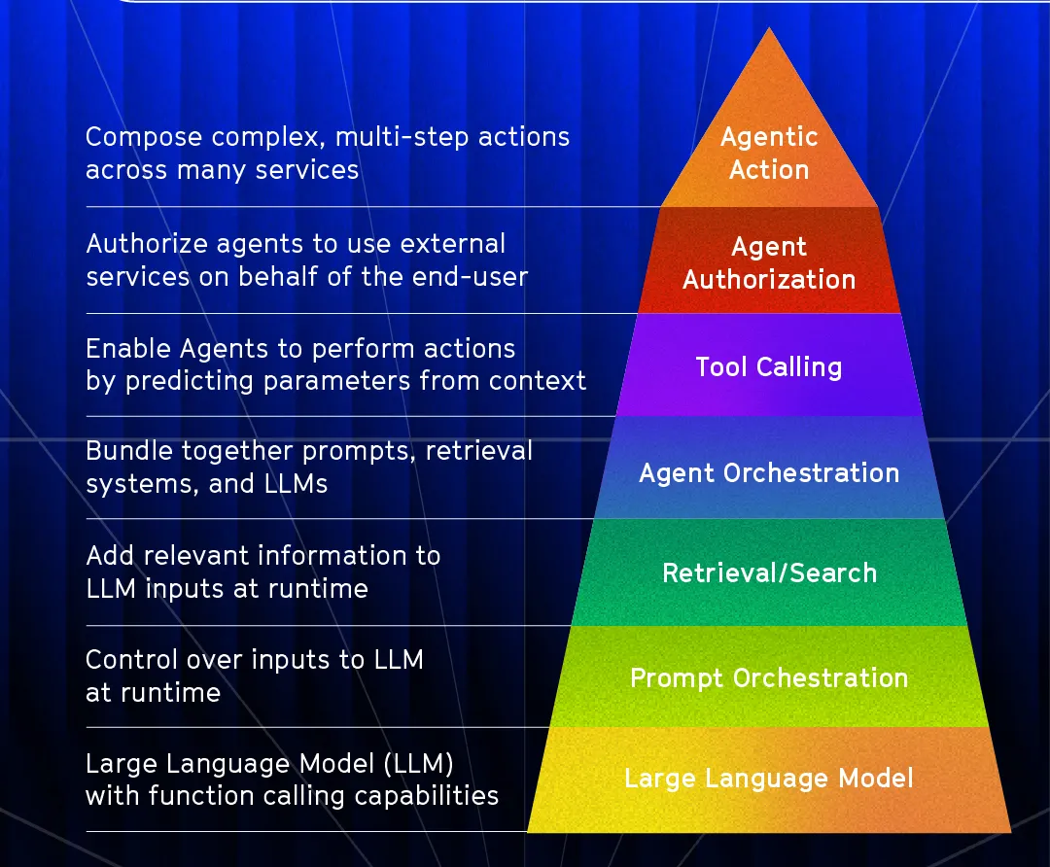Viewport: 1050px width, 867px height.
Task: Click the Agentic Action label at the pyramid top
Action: (x=769, y=153)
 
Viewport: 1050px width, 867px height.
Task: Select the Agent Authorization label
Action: (x=769, y=262)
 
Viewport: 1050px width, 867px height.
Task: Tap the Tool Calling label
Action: (x=768, y=366)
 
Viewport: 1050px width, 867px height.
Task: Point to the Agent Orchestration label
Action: (x=768, y=473)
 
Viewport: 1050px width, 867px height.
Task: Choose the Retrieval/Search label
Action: (x=769, y=572)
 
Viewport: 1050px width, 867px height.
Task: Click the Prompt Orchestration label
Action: (x=768, y=677)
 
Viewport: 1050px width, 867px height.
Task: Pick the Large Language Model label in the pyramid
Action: (x=768, y=779)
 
